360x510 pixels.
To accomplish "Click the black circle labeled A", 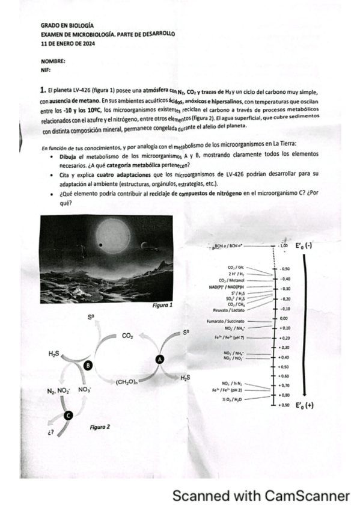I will [160, 358].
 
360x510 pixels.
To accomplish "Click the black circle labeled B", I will [88, 365].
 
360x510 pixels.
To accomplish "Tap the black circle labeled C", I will [68, 414].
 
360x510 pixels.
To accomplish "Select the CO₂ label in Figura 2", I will [127, 336].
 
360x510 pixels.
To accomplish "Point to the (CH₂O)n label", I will [126, 381].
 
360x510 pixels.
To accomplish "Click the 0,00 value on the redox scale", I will [284, 318].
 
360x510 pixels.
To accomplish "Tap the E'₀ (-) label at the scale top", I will [304, 247].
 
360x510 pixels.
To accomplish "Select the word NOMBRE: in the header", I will [53, 61].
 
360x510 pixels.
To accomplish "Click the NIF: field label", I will [46, 70].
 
